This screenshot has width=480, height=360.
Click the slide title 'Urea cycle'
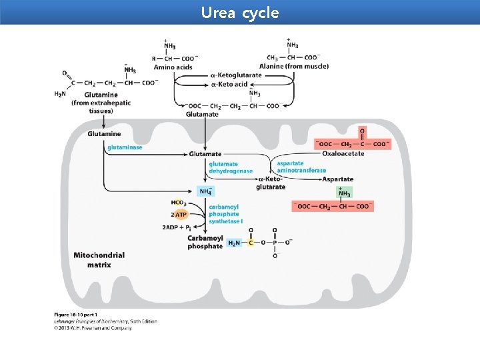click(240, 13)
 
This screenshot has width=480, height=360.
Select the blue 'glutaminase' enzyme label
click(125, 147)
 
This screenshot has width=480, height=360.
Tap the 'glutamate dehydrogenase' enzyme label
click(231, 167)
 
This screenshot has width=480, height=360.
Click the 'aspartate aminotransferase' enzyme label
click(301, 167)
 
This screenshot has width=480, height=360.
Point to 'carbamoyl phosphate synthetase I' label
click(225, 214)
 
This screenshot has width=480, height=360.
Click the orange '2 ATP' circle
click(180, 215)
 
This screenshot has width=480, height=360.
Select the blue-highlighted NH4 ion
click(207, 192)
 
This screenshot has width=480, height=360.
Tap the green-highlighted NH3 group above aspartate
click(344, 192)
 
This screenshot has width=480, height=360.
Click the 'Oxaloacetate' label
click(343, 154)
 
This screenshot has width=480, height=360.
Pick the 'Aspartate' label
click(338, 179)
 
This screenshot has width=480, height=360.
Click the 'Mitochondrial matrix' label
click(99, 260)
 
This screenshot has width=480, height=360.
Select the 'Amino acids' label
click(173, 67)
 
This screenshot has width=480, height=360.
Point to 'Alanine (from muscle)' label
click(297, 67)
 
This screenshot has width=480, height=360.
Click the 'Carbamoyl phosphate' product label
click(205, 242)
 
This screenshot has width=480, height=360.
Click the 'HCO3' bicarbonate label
click(178, 203)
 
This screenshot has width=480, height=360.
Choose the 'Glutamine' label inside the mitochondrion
click(104, 134)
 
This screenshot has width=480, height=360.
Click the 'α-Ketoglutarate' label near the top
click(237, 75)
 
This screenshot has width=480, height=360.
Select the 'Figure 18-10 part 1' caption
click(76, 315)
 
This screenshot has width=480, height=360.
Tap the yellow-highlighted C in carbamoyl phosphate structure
click(251, 243)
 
